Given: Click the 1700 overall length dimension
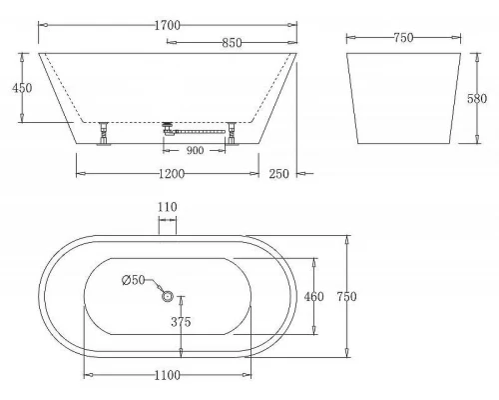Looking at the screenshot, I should [173, 16].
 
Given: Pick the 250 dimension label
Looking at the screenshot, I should [281, 174].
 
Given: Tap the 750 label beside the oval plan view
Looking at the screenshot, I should [346, 296].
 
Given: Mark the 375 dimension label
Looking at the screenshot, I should [181, 322].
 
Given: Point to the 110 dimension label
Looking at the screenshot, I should [167, 207].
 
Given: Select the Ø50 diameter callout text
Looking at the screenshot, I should [134, 279].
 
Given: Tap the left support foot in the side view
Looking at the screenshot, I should [102, 133].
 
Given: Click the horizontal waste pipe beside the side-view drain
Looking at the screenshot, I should [201, 129].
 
